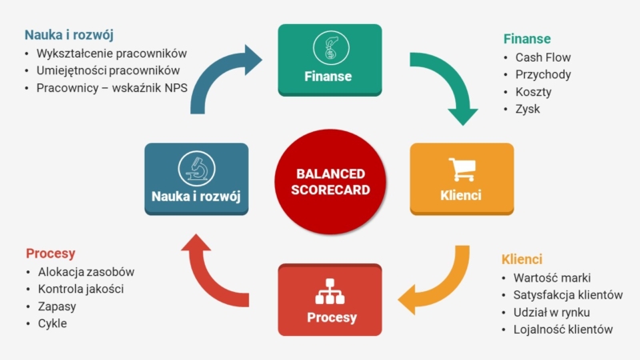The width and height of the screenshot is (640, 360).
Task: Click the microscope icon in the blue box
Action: click(196, 167)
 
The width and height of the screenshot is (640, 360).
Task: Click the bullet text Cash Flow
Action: click(543, 58)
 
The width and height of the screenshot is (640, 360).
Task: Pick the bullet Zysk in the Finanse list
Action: click(528, 108)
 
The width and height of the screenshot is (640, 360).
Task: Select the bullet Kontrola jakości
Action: click(80, 289)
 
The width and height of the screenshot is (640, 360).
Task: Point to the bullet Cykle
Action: click(52, 323)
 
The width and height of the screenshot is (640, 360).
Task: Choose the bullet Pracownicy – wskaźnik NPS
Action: click(111, 88)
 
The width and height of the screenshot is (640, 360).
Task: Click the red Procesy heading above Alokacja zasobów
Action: click(50, 254)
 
